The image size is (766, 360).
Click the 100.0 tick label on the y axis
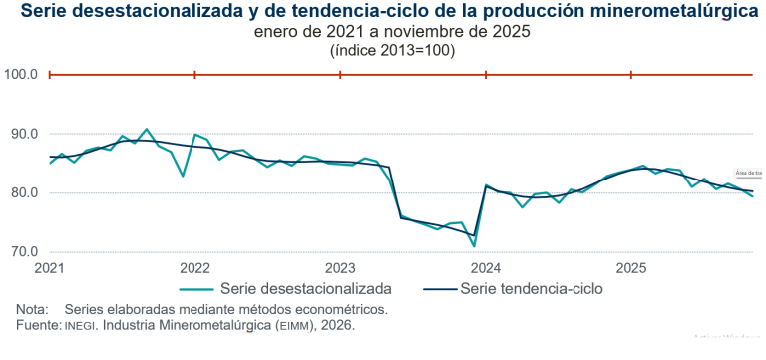coord(21,74)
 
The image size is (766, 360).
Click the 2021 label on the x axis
coord(49,268)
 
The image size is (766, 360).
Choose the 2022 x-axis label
coord(194,268)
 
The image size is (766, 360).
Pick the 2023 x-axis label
coord(340,268)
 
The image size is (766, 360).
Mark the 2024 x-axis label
coord(486,268)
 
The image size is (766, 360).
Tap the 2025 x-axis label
coord(631,268)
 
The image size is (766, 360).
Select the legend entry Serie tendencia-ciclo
coord(538,288)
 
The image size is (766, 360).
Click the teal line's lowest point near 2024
coord(474,245)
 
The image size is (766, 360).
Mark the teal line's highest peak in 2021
coord(147,129)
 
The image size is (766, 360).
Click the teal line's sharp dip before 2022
coord(183,176)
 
